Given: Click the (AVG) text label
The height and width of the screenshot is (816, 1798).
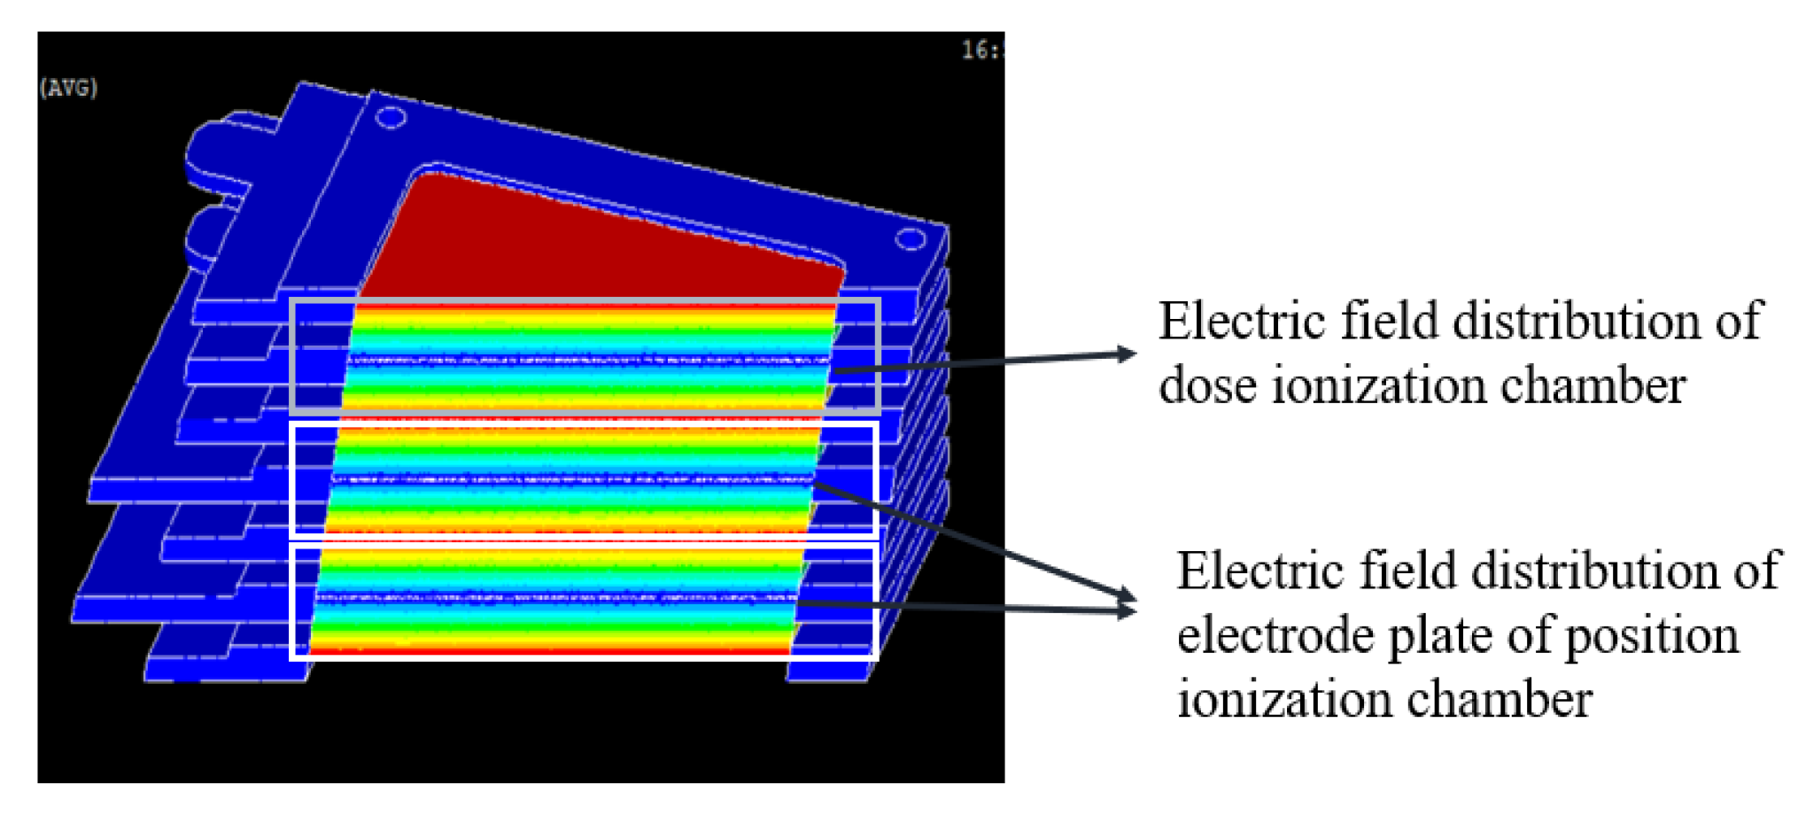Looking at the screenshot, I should tap(68, 88).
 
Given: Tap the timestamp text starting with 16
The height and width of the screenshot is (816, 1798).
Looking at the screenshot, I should tap(982, 50).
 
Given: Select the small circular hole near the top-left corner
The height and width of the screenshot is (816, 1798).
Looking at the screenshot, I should tap(391, 117).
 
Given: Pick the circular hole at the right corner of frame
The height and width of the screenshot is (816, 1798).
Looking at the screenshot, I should tap(910, 239).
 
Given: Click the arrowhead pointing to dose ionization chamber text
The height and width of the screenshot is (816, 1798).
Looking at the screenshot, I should tap(1127, 354).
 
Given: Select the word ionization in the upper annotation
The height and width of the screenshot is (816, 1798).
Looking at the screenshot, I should tap(1377, 386).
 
